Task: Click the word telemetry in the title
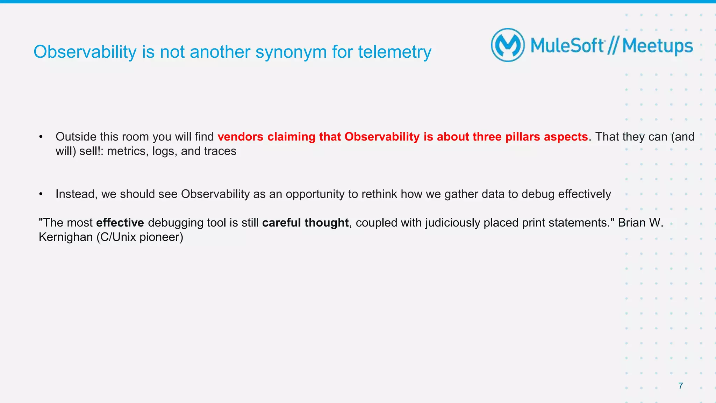tap(394, 52)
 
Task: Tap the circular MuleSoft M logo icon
tap(508, 45)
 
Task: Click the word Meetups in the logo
tap(657, 46)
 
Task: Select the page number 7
tap(680, 386)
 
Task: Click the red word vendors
tap(240, 137)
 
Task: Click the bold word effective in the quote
tap(120, 223)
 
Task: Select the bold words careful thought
tap(305, 223)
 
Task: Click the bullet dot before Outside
tap(41, 137)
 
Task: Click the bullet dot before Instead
tap(41, 194)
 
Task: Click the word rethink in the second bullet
tap(379, 194)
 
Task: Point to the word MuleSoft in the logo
tap(567, 46)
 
